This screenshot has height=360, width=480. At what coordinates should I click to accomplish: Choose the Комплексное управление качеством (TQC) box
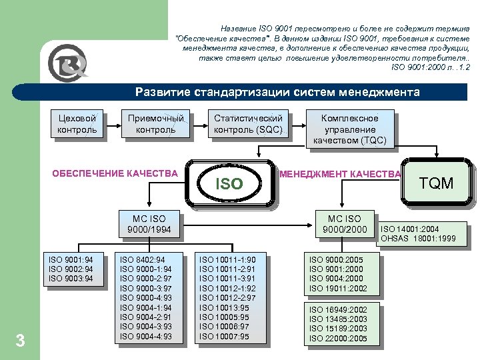coord(349,129)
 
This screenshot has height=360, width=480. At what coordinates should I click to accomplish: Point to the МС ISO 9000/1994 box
coord(149,225)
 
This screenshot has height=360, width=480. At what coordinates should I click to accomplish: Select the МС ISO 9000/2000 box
coord(343,225)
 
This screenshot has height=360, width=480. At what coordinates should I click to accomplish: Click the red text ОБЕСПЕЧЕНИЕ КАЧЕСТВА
coord(115,174)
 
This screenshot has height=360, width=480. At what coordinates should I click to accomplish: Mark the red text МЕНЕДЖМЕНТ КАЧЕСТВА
coord(341,175)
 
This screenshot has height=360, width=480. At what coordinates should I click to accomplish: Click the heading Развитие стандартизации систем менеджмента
coord(277,92)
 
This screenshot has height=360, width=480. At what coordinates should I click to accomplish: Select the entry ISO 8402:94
coord(142,259)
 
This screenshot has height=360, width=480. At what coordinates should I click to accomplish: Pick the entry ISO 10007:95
coord(223,337)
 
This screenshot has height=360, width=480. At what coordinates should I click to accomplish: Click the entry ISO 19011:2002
coord(338,288)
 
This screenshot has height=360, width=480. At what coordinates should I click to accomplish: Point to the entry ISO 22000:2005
coord(338,339)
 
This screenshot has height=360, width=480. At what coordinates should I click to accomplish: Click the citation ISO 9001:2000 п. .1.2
coord(430,67)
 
